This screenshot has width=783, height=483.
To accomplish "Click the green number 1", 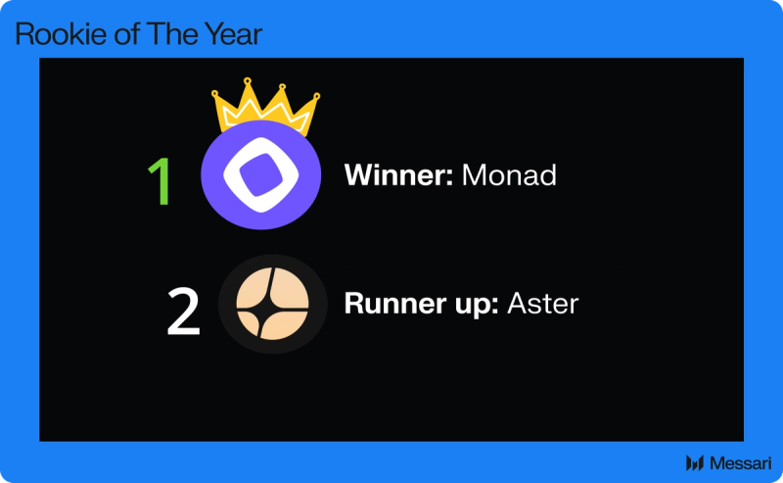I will point(159,180).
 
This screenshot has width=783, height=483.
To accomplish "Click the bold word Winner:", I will point(397,176).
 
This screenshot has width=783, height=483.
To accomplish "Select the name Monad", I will point(508,176).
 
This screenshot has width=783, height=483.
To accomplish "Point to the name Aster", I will point(542,304).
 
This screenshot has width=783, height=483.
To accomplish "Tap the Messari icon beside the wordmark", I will point(696,462).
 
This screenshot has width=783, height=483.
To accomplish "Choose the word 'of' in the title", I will point(114,35).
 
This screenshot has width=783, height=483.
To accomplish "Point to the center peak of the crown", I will point(248,81).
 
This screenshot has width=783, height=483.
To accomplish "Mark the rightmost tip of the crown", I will point(317,96).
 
